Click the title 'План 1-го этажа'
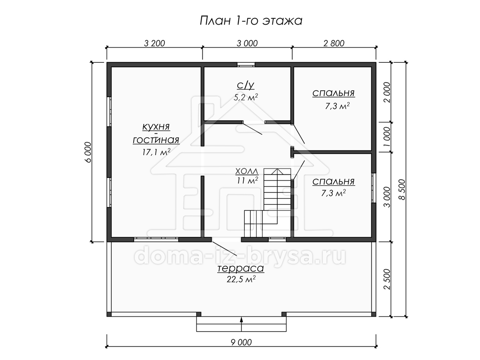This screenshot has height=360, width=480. [x=251, y=21]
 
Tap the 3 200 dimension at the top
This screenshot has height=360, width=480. [x=154, y=44]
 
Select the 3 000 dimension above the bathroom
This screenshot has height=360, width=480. [x=247, y=44]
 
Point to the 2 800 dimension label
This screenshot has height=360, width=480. [x=334, y=44]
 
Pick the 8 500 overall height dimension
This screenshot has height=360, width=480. [x=402, y=190]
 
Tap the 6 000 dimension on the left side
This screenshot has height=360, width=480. [x=88, y=152]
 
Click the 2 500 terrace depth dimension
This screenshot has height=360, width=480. [x=387, y=279]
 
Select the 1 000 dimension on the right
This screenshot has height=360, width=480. [x=387, y=137]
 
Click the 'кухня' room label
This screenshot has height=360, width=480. [x=156, y=127]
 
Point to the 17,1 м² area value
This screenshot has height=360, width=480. [x=156, y=152]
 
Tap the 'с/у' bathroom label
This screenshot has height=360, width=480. [x=246, y=86]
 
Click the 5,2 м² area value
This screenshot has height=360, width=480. [x=246, y=97]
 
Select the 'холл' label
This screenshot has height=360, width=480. [x=247, y=171]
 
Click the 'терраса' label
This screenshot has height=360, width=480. [x=241, y=268]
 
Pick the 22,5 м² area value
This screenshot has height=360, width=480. [x=241, y=279]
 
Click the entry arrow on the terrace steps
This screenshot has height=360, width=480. [x=242, y=324]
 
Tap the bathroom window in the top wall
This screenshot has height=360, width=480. [x=246, y=64]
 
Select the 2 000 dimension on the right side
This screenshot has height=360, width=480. [x=387, y=92]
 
